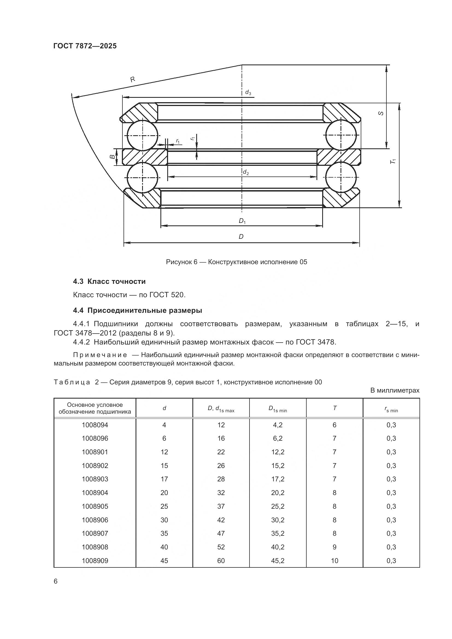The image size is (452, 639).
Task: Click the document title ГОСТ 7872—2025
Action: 85,46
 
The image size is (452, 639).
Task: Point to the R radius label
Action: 133,79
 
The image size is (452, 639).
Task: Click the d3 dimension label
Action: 248,92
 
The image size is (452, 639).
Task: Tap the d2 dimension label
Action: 245,172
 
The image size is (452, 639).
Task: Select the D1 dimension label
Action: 242,221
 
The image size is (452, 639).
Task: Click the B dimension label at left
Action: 112,157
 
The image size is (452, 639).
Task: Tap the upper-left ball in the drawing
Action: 142,136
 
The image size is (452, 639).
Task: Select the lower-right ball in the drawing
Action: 341,177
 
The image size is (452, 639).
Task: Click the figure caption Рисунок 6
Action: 236,262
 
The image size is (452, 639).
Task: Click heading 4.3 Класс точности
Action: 109,281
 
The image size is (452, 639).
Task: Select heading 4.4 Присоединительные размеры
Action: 137,310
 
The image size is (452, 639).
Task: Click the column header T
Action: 334,408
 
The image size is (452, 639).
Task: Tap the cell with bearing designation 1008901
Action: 95,452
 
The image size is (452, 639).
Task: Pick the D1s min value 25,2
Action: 278,506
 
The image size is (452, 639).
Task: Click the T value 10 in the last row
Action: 334,561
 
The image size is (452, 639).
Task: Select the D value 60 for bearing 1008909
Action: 221,561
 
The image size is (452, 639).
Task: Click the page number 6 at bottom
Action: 56,581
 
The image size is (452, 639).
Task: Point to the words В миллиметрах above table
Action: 395,390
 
